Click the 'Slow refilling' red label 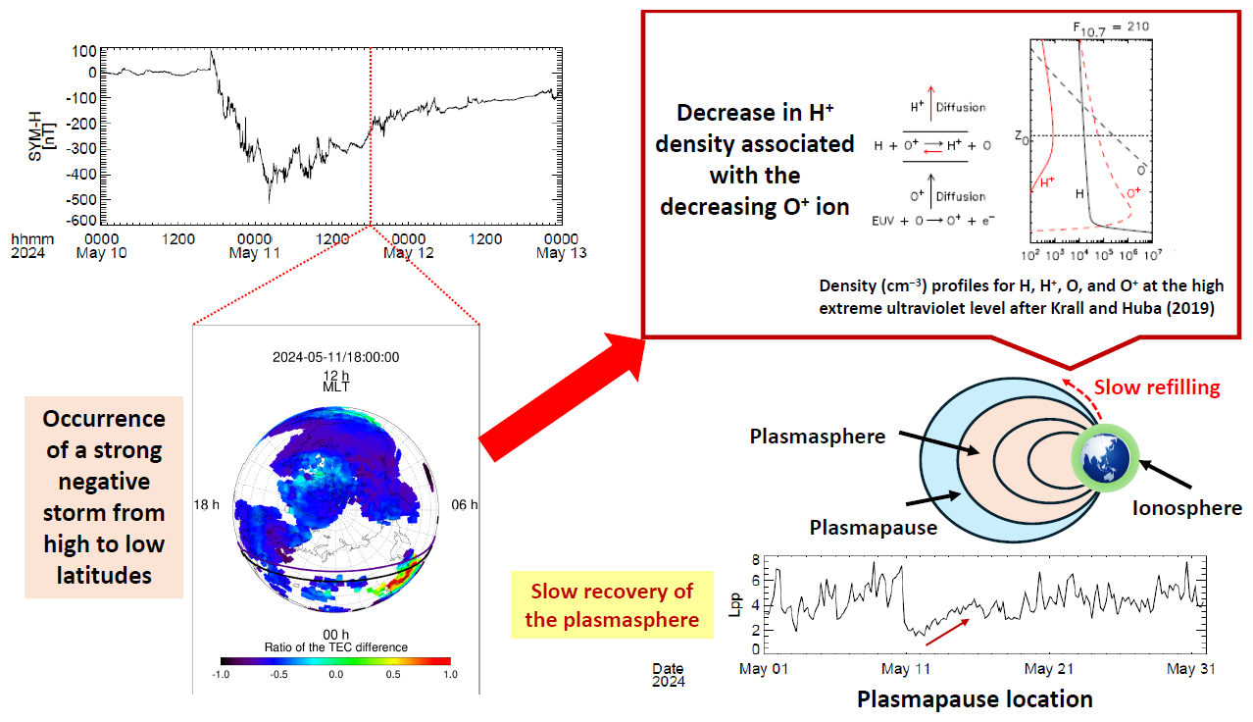(1156, 387)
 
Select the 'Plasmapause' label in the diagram (874, 527)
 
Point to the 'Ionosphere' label (1186, 507)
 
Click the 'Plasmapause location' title (975, 699)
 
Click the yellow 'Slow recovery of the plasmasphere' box (612, 605)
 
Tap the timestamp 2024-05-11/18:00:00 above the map (335, 357)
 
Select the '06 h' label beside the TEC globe (464, 504)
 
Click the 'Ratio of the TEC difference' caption (335, 646)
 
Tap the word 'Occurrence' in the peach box (104, 418)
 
